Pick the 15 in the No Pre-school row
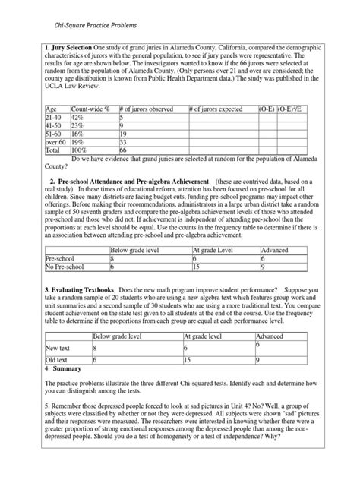pos(197,267)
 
